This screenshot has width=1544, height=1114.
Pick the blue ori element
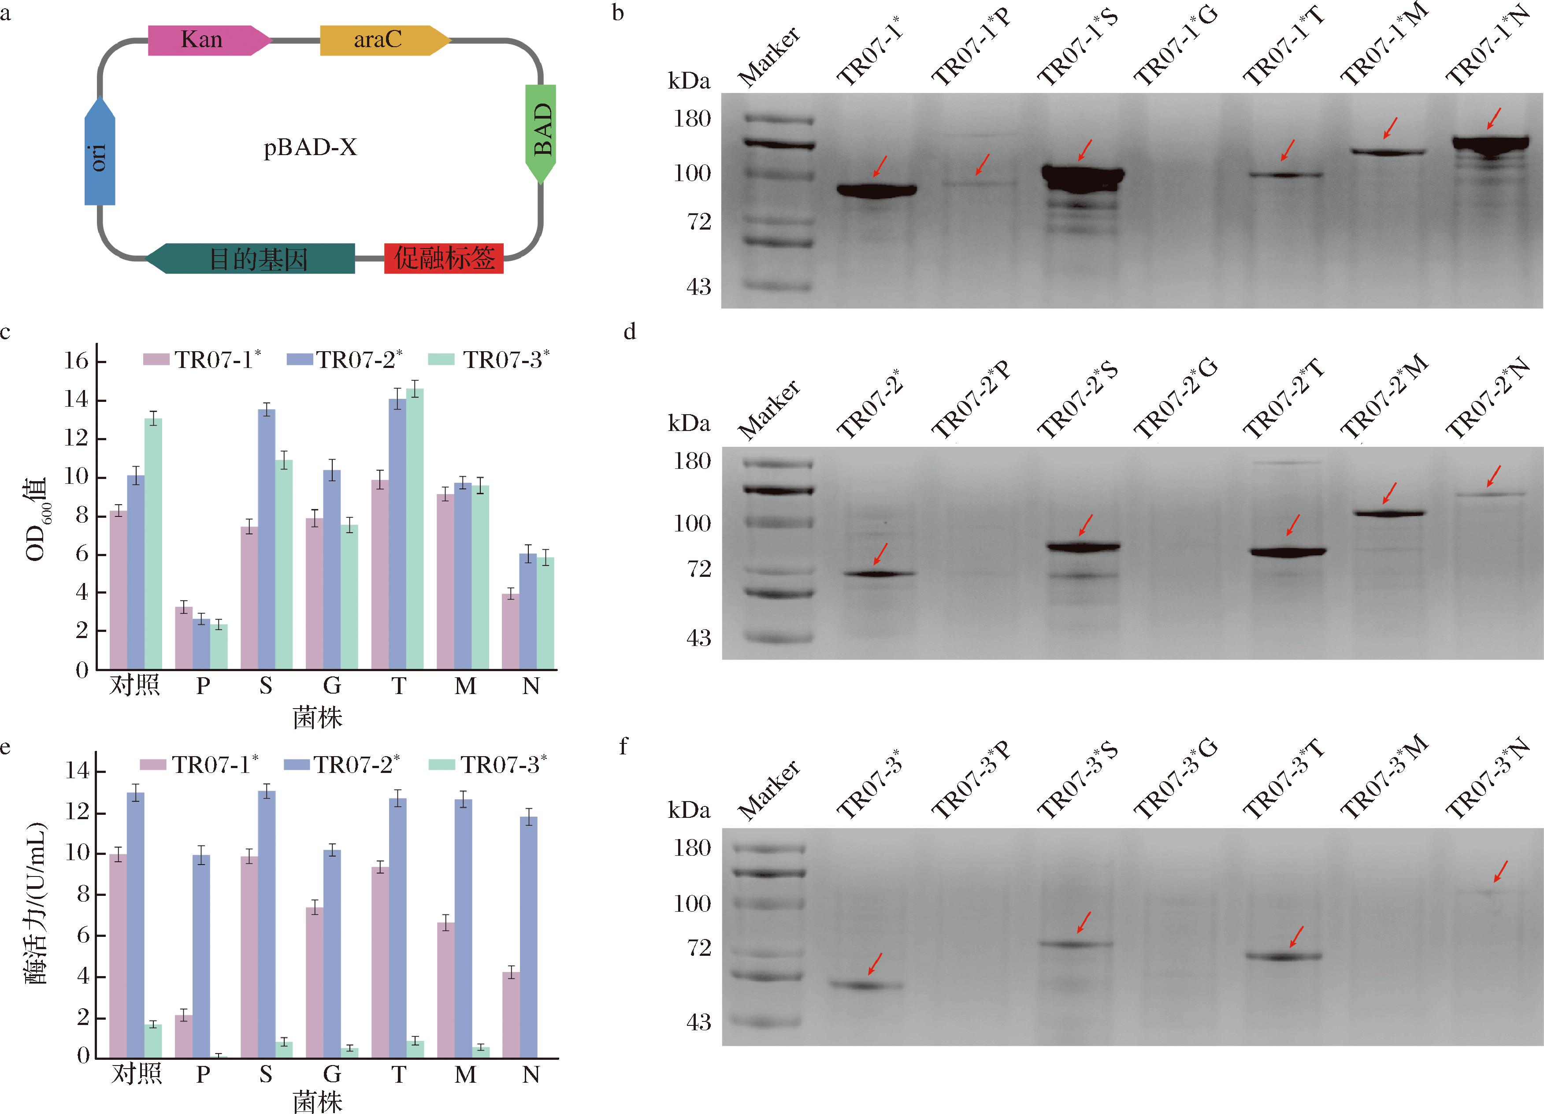tap(100, 153)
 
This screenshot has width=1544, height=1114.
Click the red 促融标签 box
tap(444, 258)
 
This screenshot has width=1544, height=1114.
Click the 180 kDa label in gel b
tap(692, 119)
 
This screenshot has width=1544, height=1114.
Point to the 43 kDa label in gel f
tap(698, 1022)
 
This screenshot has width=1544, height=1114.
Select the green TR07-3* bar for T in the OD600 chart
tap(415, 528)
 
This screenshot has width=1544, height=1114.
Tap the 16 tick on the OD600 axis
tap(76, 361)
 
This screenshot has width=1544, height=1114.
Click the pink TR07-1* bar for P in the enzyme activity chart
tap(184, 1036)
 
